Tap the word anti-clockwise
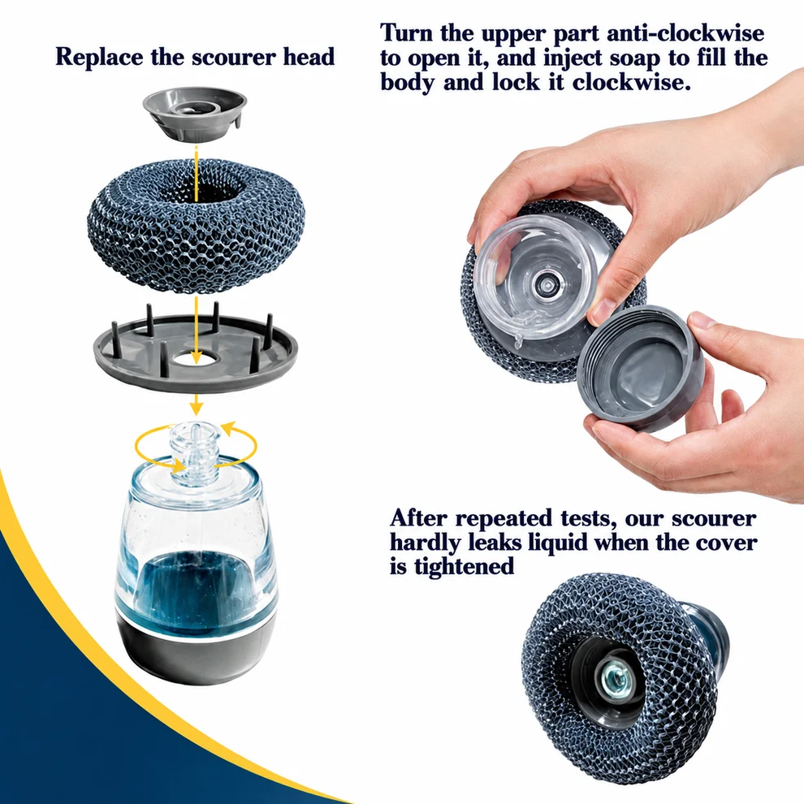tap(685, 33)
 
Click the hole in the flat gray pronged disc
tap(195, 358)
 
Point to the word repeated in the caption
tap(504, 518)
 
